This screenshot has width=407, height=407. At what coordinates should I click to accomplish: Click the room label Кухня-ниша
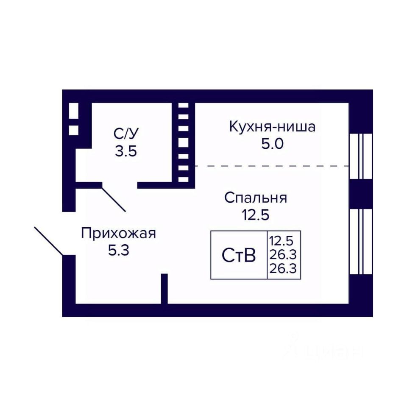(x=272, y=127)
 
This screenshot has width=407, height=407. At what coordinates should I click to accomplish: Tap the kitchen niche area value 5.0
(x=272, y=144)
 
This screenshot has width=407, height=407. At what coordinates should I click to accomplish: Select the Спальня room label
(x=256, y=198)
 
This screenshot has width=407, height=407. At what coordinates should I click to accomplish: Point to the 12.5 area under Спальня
(x=256, y=215)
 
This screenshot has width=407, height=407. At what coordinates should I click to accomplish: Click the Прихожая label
(x=118, y=233)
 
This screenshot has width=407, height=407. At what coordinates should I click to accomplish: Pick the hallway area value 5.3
(x=119, y=251)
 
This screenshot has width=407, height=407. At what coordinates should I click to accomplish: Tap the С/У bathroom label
(x=126, y=134)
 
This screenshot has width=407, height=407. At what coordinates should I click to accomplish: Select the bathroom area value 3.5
(x=126, y=151)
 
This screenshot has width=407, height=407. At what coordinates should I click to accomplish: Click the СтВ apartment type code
(x=239, y=255)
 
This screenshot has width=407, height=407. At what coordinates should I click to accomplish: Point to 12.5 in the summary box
(x=282, y=241)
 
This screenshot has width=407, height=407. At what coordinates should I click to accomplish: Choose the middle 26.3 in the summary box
(x=283, y=255)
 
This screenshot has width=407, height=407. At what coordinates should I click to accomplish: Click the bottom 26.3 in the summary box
(x=283, y=268)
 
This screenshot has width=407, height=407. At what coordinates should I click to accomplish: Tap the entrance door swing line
(x=48, y=241)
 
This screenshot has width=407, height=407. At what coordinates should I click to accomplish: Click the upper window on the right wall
(x=361, y=156)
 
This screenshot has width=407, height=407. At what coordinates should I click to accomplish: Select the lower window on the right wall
(x=361, y=242)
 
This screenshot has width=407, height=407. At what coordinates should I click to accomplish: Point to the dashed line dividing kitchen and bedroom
(x=272, y=166)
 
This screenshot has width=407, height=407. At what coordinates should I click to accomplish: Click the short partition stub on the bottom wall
(x=164, y=289)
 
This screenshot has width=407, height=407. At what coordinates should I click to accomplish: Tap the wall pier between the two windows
(x=361, y=194)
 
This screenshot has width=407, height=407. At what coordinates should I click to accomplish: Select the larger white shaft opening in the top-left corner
(x=73, y=111)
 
